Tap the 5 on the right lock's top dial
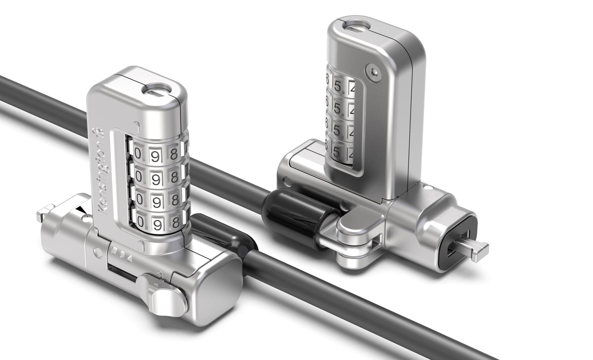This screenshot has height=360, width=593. click(x=337, y=86)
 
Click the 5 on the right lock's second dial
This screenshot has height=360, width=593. click(x=337, y=108)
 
